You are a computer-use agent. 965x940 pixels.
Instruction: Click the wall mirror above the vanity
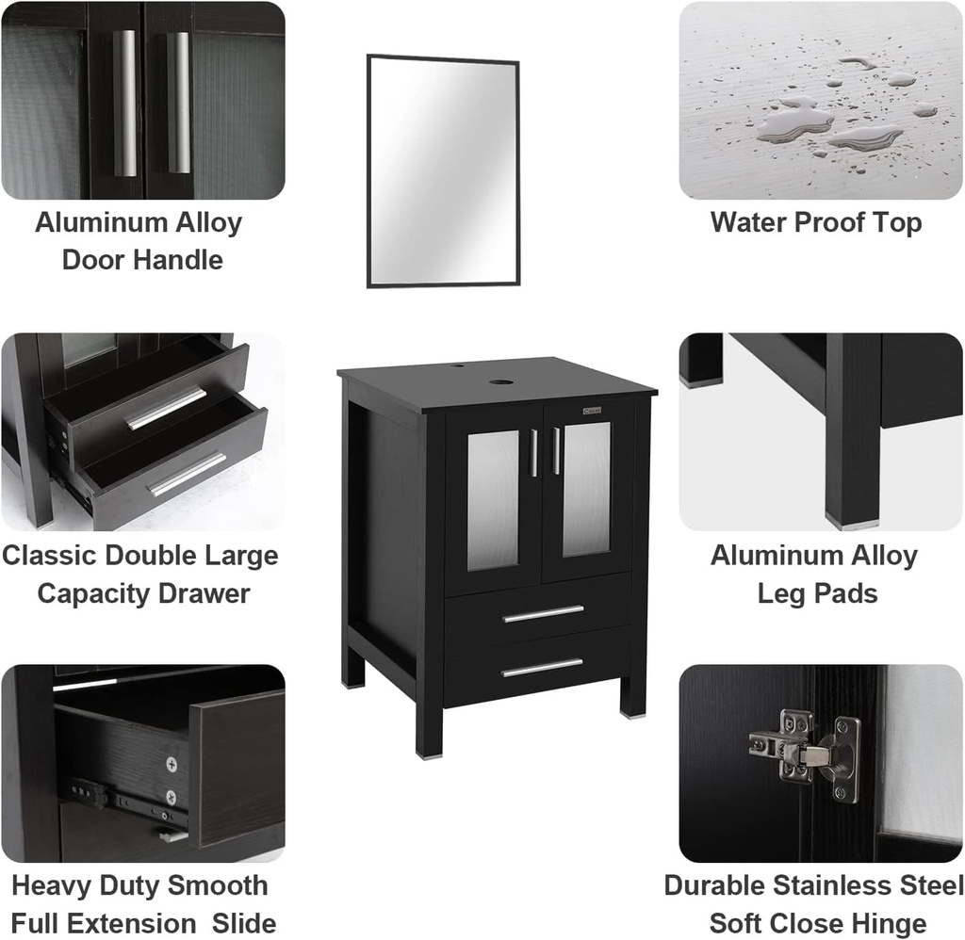[443, 171]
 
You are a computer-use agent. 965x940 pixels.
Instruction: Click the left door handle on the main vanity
[533, 452]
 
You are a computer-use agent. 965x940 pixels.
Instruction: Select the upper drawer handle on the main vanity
[543, 614]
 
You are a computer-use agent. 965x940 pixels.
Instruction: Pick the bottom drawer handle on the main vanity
[542, 668]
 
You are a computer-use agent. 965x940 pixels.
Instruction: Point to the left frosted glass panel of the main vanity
[493, 499]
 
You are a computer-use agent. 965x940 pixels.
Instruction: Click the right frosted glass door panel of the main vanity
[586, 488]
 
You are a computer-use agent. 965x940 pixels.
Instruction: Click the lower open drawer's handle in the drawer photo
[188, 474]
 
